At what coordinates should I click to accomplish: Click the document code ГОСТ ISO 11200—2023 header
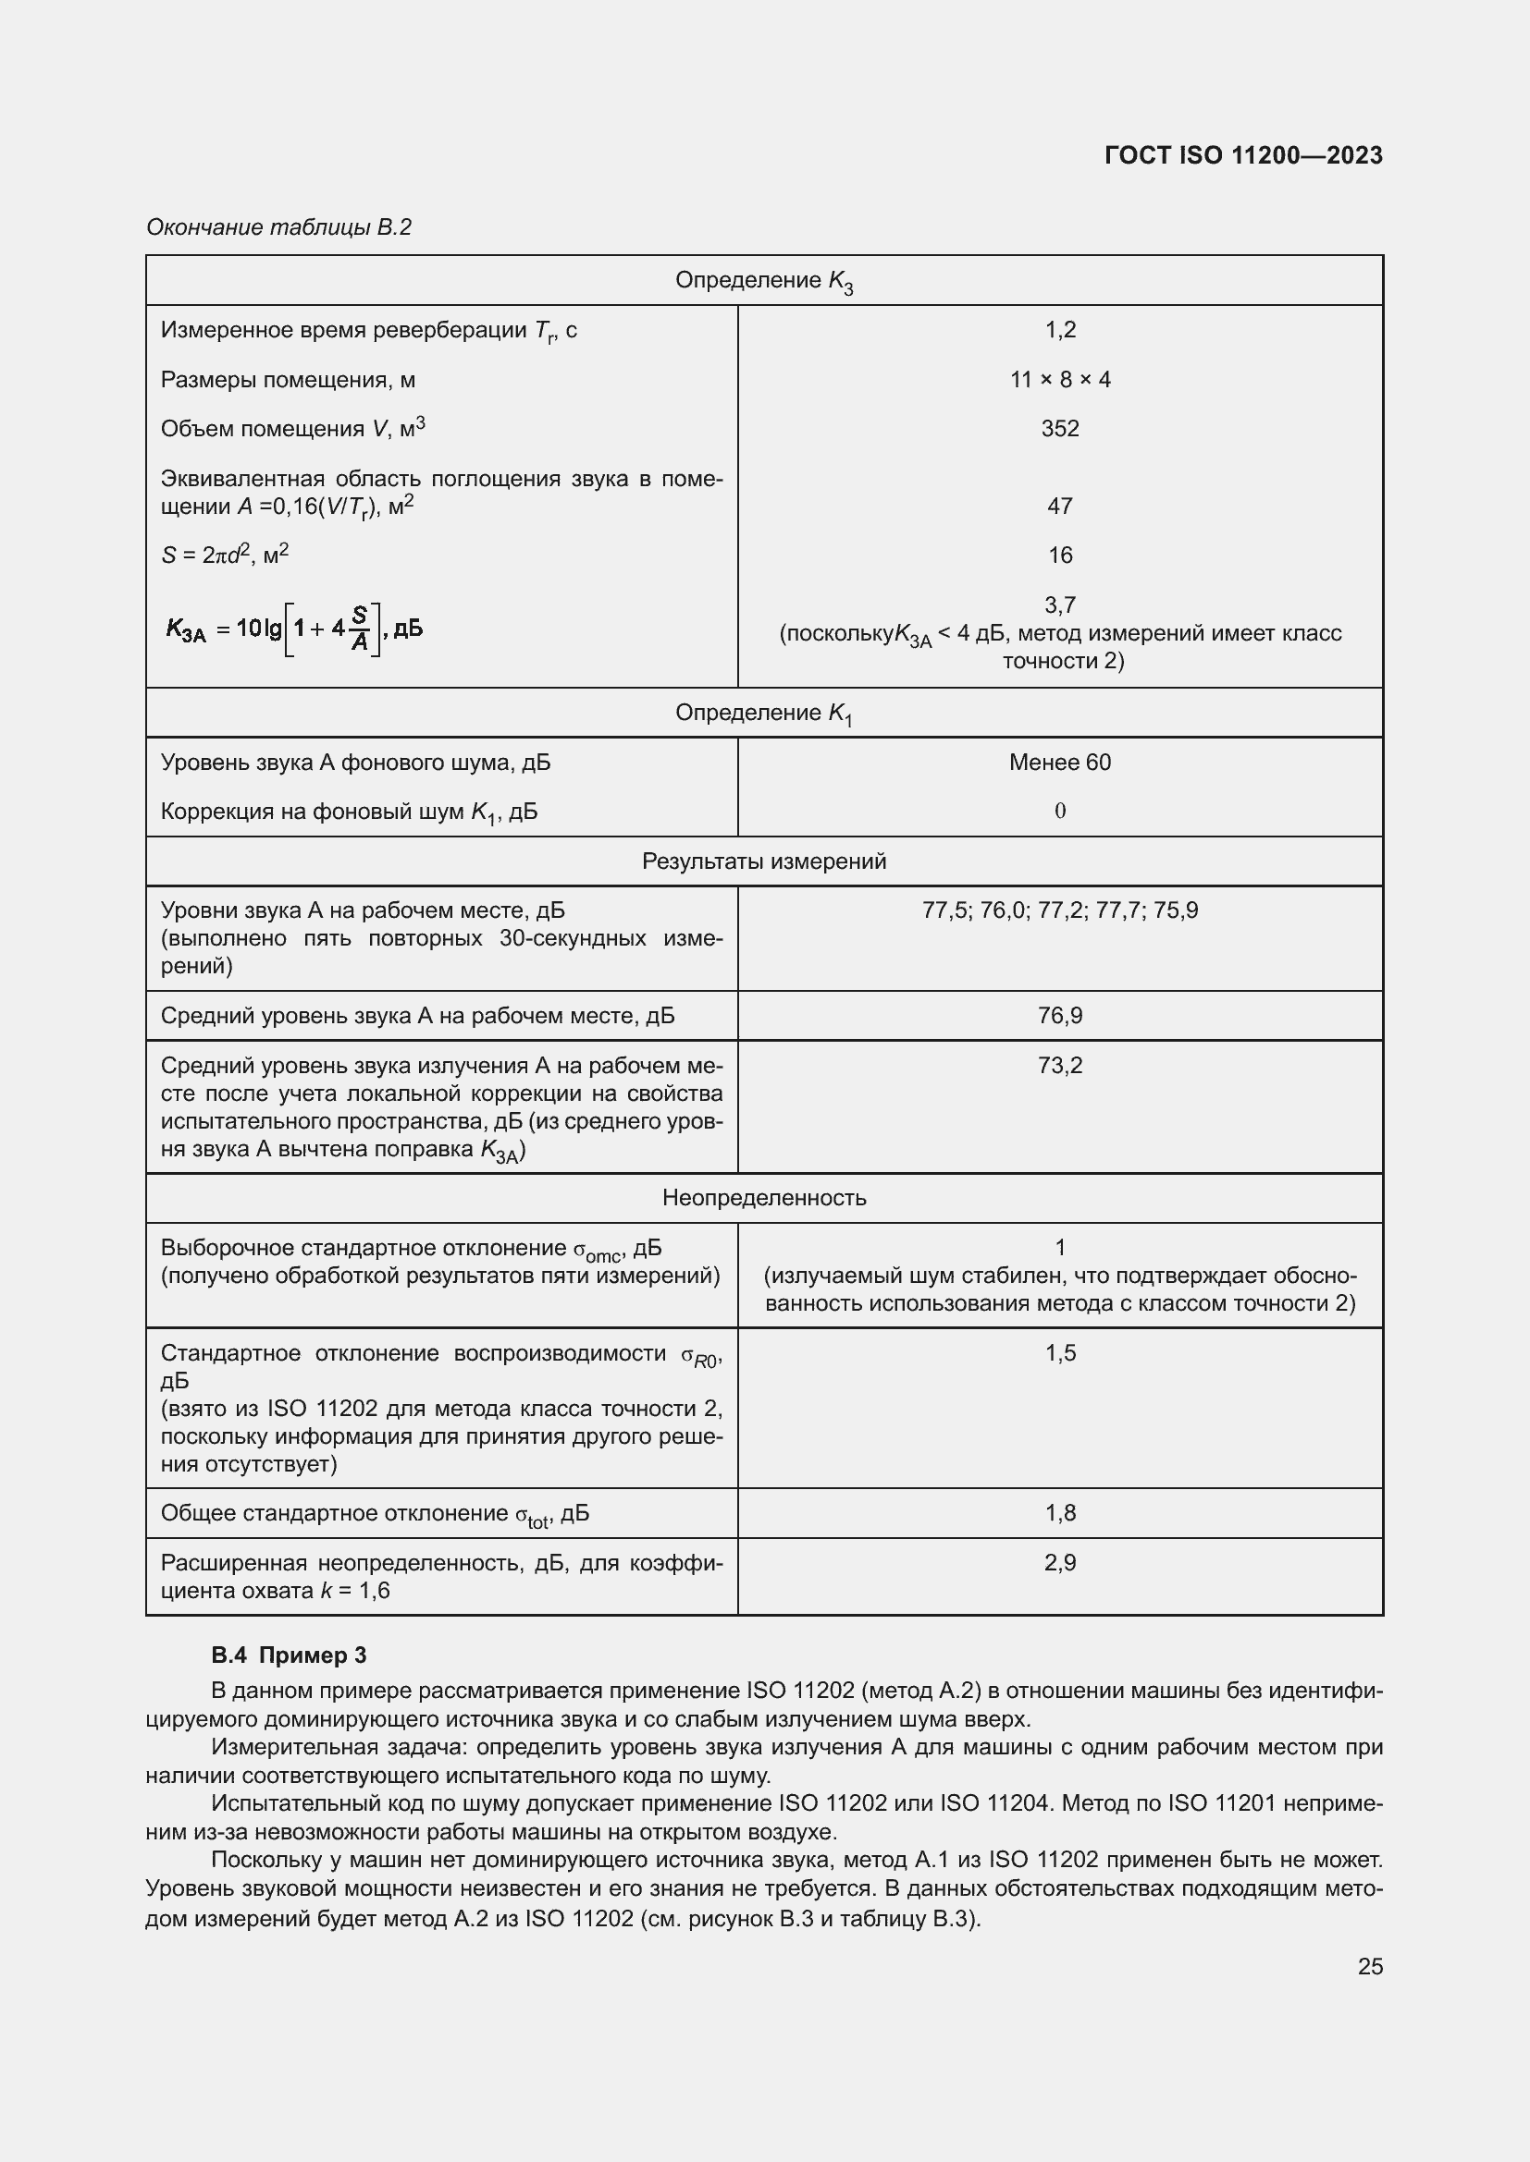[1242, 155]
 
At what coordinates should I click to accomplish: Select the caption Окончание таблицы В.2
[278, 227]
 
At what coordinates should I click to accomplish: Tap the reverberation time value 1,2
[1060, 330]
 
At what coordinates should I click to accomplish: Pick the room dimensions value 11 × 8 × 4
[1060, 380]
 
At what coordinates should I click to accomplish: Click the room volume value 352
[1060, 429]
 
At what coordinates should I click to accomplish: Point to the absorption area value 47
[1060, 506]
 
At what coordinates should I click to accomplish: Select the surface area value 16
[1060, 555]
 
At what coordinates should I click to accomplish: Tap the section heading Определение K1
[763, 713]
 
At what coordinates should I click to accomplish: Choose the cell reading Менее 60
[1060, 762]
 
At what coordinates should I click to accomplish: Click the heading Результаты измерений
[763, 861]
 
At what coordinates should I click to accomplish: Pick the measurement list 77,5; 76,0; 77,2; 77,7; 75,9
[1060, 910]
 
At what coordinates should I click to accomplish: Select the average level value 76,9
[1060, 1015]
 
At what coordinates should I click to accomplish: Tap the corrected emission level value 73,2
[1060, 1065]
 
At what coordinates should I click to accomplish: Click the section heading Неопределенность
[763, 1198]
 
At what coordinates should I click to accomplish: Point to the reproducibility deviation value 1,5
[1060, 1352]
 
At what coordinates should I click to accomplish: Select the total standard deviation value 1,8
[1060, 1512]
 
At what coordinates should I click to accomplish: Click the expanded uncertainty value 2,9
[1060, 1562]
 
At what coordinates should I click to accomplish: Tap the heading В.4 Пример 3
[289, 1655]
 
